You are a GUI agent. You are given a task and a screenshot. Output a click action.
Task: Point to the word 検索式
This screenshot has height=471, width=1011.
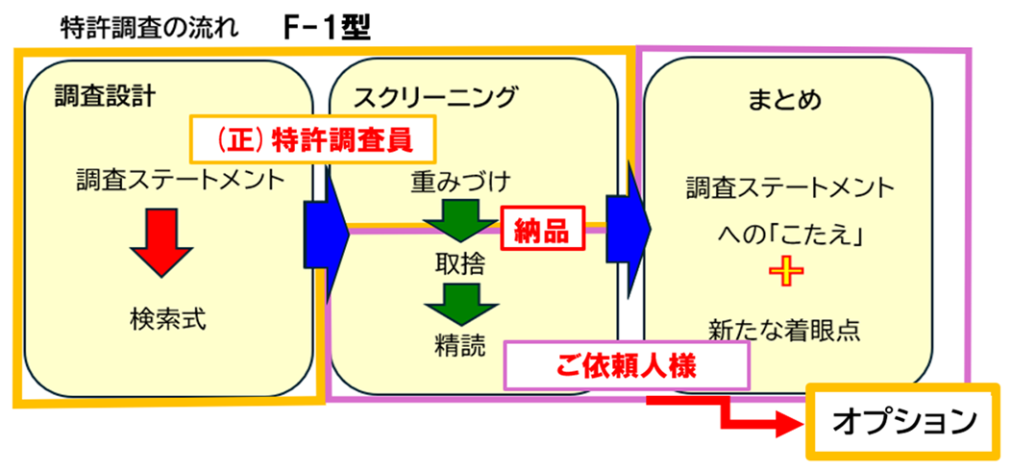tap(167, 319)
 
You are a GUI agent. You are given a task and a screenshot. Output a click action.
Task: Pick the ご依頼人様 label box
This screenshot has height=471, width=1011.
tap(627, 366)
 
